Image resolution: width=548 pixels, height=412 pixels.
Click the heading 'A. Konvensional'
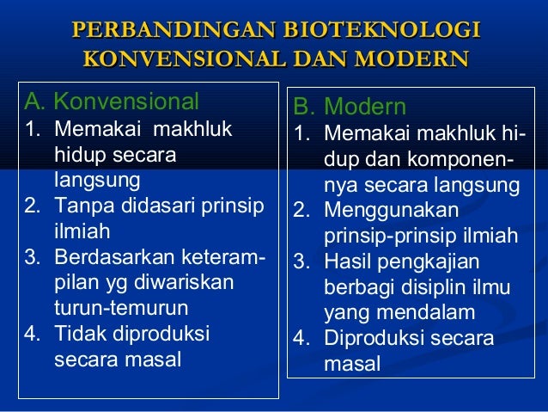pos(111,101)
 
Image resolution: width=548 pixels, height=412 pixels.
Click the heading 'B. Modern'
pos(349,108)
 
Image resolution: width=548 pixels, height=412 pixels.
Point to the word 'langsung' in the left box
pos(95,181)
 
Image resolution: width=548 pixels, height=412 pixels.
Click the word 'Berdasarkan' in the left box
pos(106,257)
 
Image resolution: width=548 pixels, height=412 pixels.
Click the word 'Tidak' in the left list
pos(76,333)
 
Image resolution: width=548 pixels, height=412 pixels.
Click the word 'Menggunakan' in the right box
pos(391,211)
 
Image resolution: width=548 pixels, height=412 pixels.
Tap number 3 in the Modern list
pos(301,261)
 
